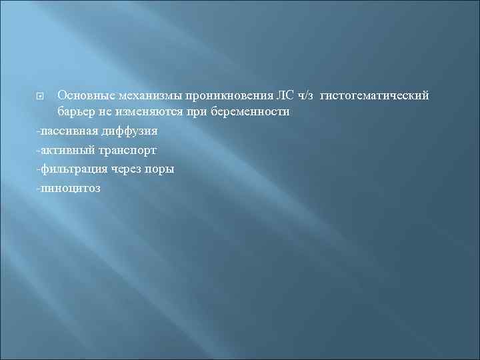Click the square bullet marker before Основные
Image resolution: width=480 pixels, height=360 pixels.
(42, 97)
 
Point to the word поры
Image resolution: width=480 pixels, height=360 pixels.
(160, 169)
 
